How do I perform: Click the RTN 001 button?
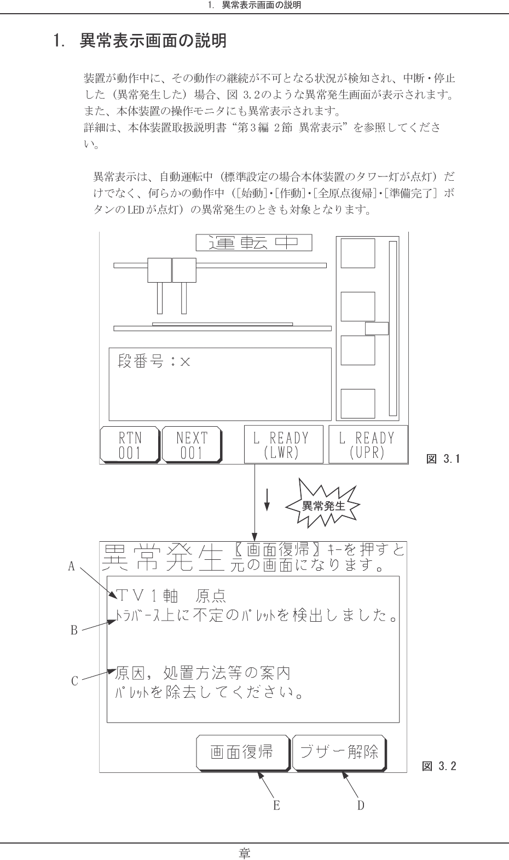click(130, 445)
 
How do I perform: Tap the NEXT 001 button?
click(192, 445)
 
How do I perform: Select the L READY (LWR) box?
click(284, 444)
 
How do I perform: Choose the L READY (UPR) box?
click(368, 444)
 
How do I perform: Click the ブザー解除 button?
click(339, 753)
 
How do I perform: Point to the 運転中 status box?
click(253, 243)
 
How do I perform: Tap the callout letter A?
click(71, 566)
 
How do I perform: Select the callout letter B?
click(74, 630)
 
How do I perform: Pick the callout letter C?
click(74, 681)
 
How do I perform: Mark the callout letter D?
click(361, 805)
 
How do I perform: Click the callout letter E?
click(276, 805)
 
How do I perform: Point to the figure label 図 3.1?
click(443, 459)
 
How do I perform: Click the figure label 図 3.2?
click(439, 766)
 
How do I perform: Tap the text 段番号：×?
click(154, 362)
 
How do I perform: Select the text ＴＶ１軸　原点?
click(171, 596)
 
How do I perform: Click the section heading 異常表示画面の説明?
click(153, 41)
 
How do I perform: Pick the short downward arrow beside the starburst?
click(267, 500)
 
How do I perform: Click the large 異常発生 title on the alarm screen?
click(163, 558)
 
